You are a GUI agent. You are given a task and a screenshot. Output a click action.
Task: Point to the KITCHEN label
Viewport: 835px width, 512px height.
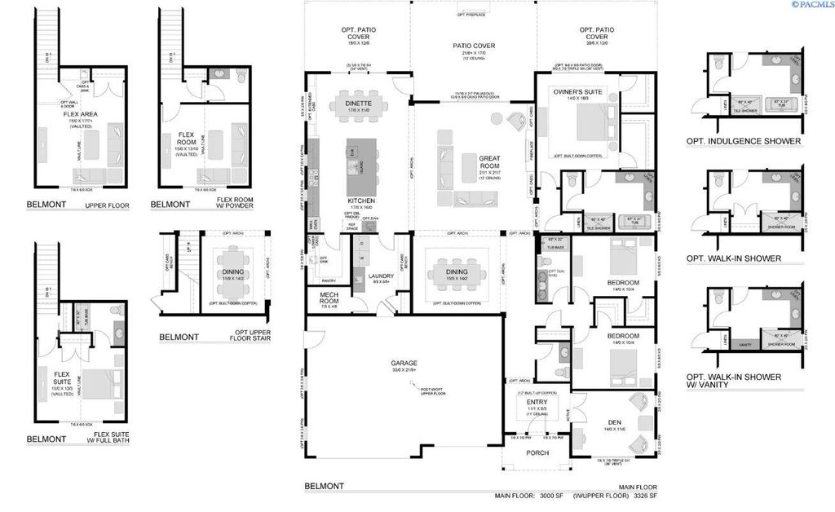pyautogui.click(x=361, y=200)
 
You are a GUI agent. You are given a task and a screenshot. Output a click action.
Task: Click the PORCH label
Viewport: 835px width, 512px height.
pyautogui.click(x=537, y=453)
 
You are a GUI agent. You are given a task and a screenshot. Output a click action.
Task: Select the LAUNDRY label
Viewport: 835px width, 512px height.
pyautogui.click(x=381, y=276)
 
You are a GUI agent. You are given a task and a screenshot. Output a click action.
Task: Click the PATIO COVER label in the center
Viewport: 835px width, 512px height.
pyautogui.click(x=474, y=46)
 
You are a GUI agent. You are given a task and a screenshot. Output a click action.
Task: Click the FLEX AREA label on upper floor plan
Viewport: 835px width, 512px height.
pyautogui.click(x=79, y=114)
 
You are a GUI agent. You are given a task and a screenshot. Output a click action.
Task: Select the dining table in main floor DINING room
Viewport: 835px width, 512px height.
pyautogui.click(x=457, y=273)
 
